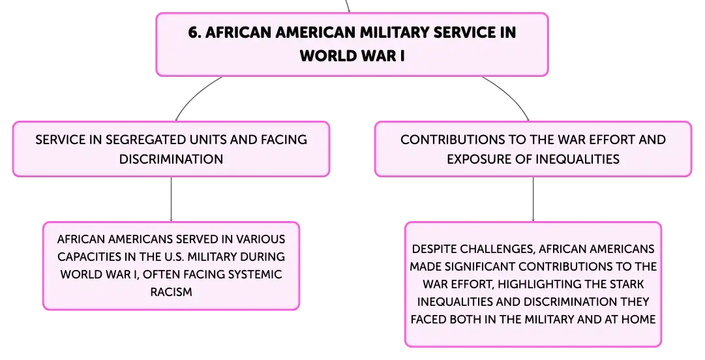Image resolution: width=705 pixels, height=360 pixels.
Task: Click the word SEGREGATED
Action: [x=145, y=140]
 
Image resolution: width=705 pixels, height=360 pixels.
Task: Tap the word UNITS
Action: [x=208, y=140]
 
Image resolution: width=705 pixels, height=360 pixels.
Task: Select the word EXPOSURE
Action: [x=480, y=159]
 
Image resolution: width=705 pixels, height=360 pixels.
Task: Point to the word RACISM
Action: [x=172, y=292]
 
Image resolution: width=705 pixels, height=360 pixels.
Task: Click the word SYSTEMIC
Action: [x=255, y=275]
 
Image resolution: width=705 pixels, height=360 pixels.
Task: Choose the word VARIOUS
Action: [x=260, y=239]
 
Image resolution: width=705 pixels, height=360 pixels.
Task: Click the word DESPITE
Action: [x=432, y=249]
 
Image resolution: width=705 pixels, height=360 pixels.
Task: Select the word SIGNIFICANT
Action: [x=481, y=267]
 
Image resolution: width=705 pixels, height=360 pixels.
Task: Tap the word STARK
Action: [x=627, y=284]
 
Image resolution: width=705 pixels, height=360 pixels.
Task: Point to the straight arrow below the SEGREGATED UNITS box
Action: [x=172, y=199]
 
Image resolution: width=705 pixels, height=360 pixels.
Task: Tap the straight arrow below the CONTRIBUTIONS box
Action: [x=533, y=199]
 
